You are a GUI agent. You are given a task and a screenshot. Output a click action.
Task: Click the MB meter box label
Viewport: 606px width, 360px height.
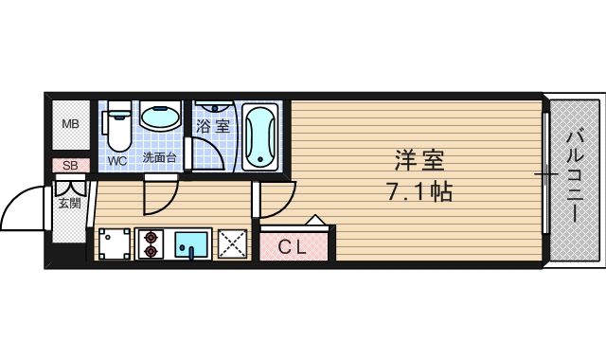(x=71, y=124)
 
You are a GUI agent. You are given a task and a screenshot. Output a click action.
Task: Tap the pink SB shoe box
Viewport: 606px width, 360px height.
(x=70, y=166)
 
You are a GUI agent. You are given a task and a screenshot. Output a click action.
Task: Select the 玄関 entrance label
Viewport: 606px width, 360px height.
(x=69, y=203)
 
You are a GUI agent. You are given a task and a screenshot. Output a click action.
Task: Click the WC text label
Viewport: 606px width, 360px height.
(x=116, y=160)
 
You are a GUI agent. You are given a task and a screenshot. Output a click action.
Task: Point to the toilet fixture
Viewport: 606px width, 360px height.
(x=117, y=128)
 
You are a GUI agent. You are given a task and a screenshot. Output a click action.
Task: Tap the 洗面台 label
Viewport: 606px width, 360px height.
(x=159, y=158)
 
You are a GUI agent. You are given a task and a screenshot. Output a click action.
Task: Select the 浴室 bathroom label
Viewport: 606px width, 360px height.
(x=213, y=124)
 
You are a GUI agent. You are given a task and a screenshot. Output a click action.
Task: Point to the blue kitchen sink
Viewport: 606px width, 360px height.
(x=191, y=245)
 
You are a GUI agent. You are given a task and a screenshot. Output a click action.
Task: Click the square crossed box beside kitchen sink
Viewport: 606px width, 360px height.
(x=233, y=244)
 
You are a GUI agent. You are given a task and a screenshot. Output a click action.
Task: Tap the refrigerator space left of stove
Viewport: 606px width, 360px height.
(x=113, y=244)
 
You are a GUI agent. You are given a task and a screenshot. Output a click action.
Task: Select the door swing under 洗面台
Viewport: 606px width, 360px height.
(x=159, y=196)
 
